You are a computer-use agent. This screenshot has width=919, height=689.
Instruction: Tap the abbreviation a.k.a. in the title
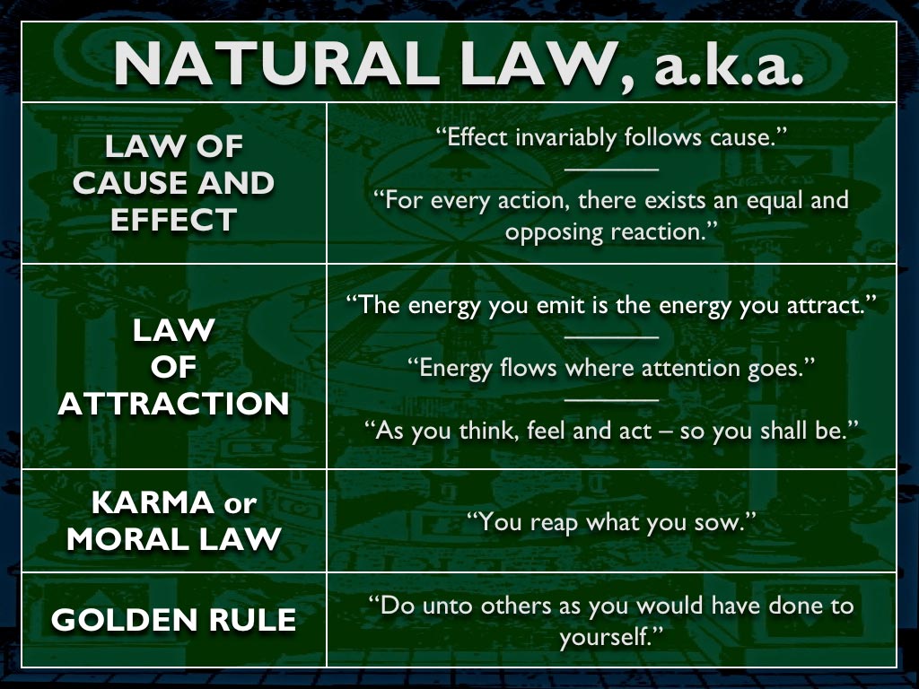pyautogui.click(x=727, y=65)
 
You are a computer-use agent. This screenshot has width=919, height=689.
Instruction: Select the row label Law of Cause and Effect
pyautogui.click(x=174, y=183)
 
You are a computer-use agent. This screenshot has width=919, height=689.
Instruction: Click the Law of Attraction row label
pyautogui.click(x=174, y=367)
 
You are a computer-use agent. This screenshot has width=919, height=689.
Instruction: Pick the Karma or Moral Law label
pyautogui.click(x=174, y=521)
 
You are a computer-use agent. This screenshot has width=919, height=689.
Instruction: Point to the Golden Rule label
pyautogui.click(x=174, y=620)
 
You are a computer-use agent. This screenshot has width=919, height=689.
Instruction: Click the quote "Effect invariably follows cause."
pyautogui.click(x=610, y=137)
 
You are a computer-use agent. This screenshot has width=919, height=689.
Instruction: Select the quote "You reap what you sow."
pyautogui.click(x=610, y=521)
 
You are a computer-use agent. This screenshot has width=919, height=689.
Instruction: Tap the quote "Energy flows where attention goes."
pyautogui.click(x=610, y=368)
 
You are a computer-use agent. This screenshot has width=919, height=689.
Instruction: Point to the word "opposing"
pyautogui.click(x=555, y=232)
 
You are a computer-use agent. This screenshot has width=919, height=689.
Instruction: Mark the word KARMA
pyautogui.click(x=153, y=502)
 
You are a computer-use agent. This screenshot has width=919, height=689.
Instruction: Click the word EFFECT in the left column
pyautogui.click(x=174, y=221)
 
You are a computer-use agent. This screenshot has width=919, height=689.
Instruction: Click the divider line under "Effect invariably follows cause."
pyautogui.click(x=611, y=170)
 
